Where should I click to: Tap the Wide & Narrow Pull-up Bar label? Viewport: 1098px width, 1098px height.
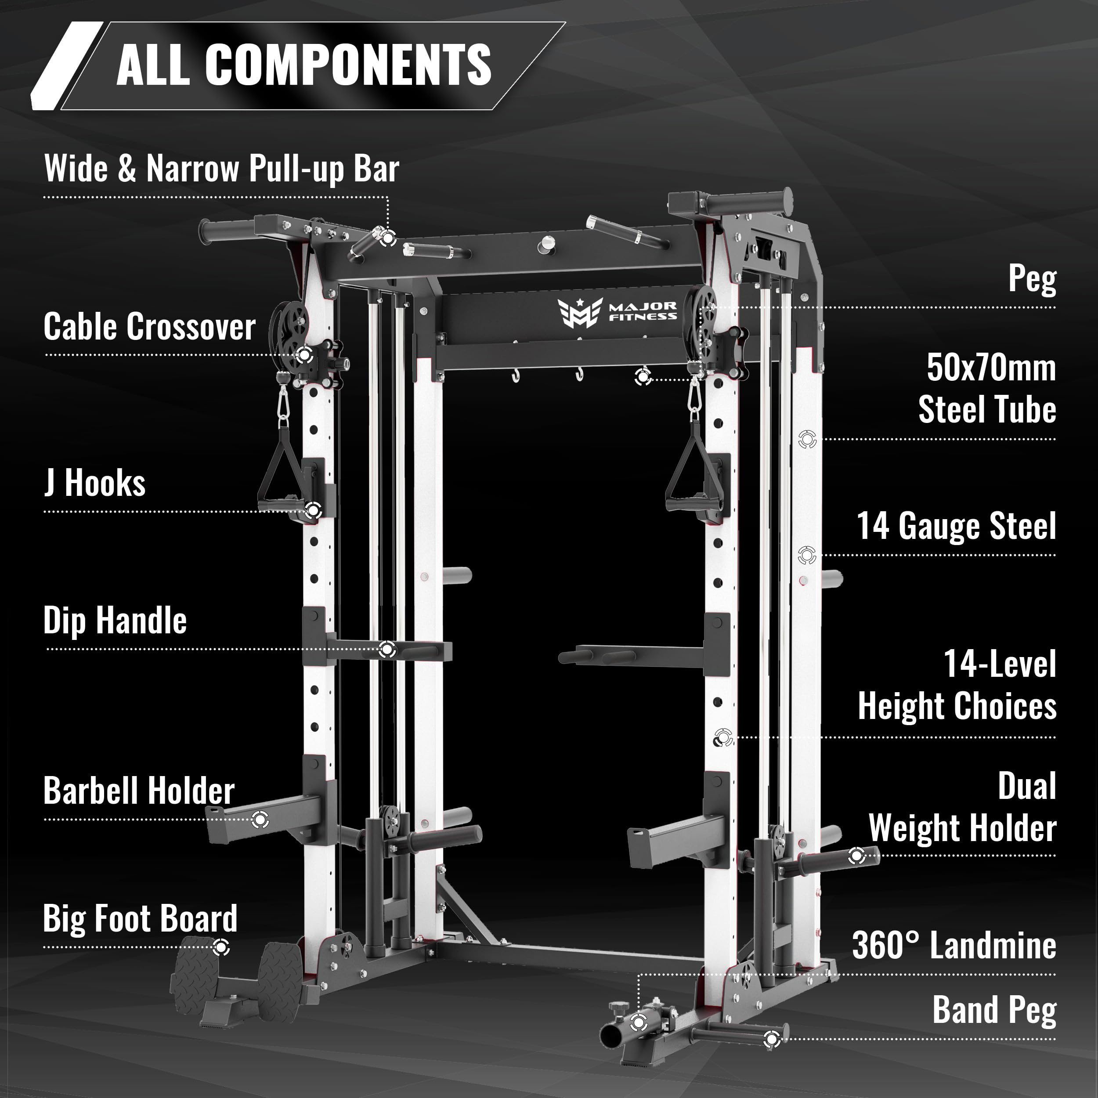(x=222, y=168)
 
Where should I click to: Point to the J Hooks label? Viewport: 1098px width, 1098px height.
(x=94, y=483)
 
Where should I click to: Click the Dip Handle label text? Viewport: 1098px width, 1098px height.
(x=115, y=620)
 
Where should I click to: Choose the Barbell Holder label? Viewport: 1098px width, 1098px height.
(x=139, y=791)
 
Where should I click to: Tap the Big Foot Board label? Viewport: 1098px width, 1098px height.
(x=141, y=918)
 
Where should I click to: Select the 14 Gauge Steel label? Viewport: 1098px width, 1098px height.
(x=957, y=526)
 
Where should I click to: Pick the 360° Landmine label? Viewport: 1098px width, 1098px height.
(x=954, y=945)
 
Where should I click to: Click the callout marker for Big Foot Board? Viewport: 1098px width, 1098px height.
(x=220, y=947)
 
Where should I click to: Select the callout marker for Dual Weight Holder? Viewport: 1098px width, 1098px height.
(x=856, y=855)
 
